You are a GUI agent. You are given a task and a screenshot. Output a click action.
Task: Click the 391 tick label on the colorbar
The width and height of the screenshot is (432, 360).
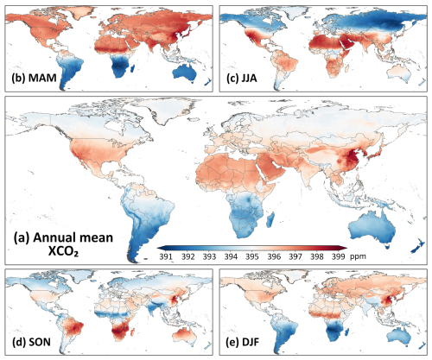tap(166, 256)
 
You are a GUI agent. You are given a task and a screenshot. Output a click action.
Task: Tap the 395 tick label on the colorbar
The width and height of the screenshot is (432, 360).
tap(252, 256)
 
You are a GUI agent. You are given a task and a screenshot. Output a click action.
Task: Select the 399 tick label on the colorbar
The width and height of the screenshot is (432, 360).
tap(338, 256)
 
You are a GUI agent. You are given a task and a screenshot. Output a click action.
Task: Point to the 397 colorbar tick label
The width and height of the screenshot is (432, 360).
tap(295, 256)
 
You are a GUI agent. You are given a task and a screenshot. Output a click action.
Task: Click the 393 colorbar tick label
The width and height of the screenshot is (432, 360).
tap(209, 256)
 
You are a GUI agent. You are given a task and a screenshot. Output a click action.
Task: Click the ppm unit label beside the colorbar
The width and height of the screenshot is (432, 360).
tap(358, 256)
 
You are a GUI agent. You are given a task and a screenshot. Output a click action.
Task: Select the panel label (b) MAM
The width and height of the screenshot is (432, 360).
tap(34, 78)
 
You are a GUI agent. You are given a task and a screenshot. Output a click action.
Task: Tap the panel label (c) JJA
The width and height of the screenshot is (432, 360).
tap(242, 79)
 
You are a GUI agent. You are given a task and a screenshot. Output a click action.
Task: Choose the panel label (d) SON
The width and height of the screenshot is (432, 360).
tap(31, 342)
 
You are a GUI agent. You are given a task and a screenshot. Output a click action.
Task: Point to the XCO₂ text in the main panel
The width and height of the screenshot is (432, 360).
tap(63, 252)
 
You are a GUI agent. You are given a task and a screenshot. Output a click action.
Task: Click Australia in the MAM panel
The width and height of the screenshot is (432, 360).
tap(185, 73)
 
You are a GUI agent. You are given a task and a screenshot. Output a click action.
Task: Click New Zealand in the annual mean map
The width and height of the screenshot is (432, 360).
tap(418, 246)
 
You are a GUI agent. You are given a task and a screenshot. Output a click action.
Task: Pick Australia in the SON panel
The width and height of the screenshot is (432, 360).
tap(185, 336)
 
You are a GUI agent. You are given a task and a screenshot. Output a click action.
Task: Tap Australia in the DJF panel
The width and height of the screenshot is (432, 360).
tap(400, 336)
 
